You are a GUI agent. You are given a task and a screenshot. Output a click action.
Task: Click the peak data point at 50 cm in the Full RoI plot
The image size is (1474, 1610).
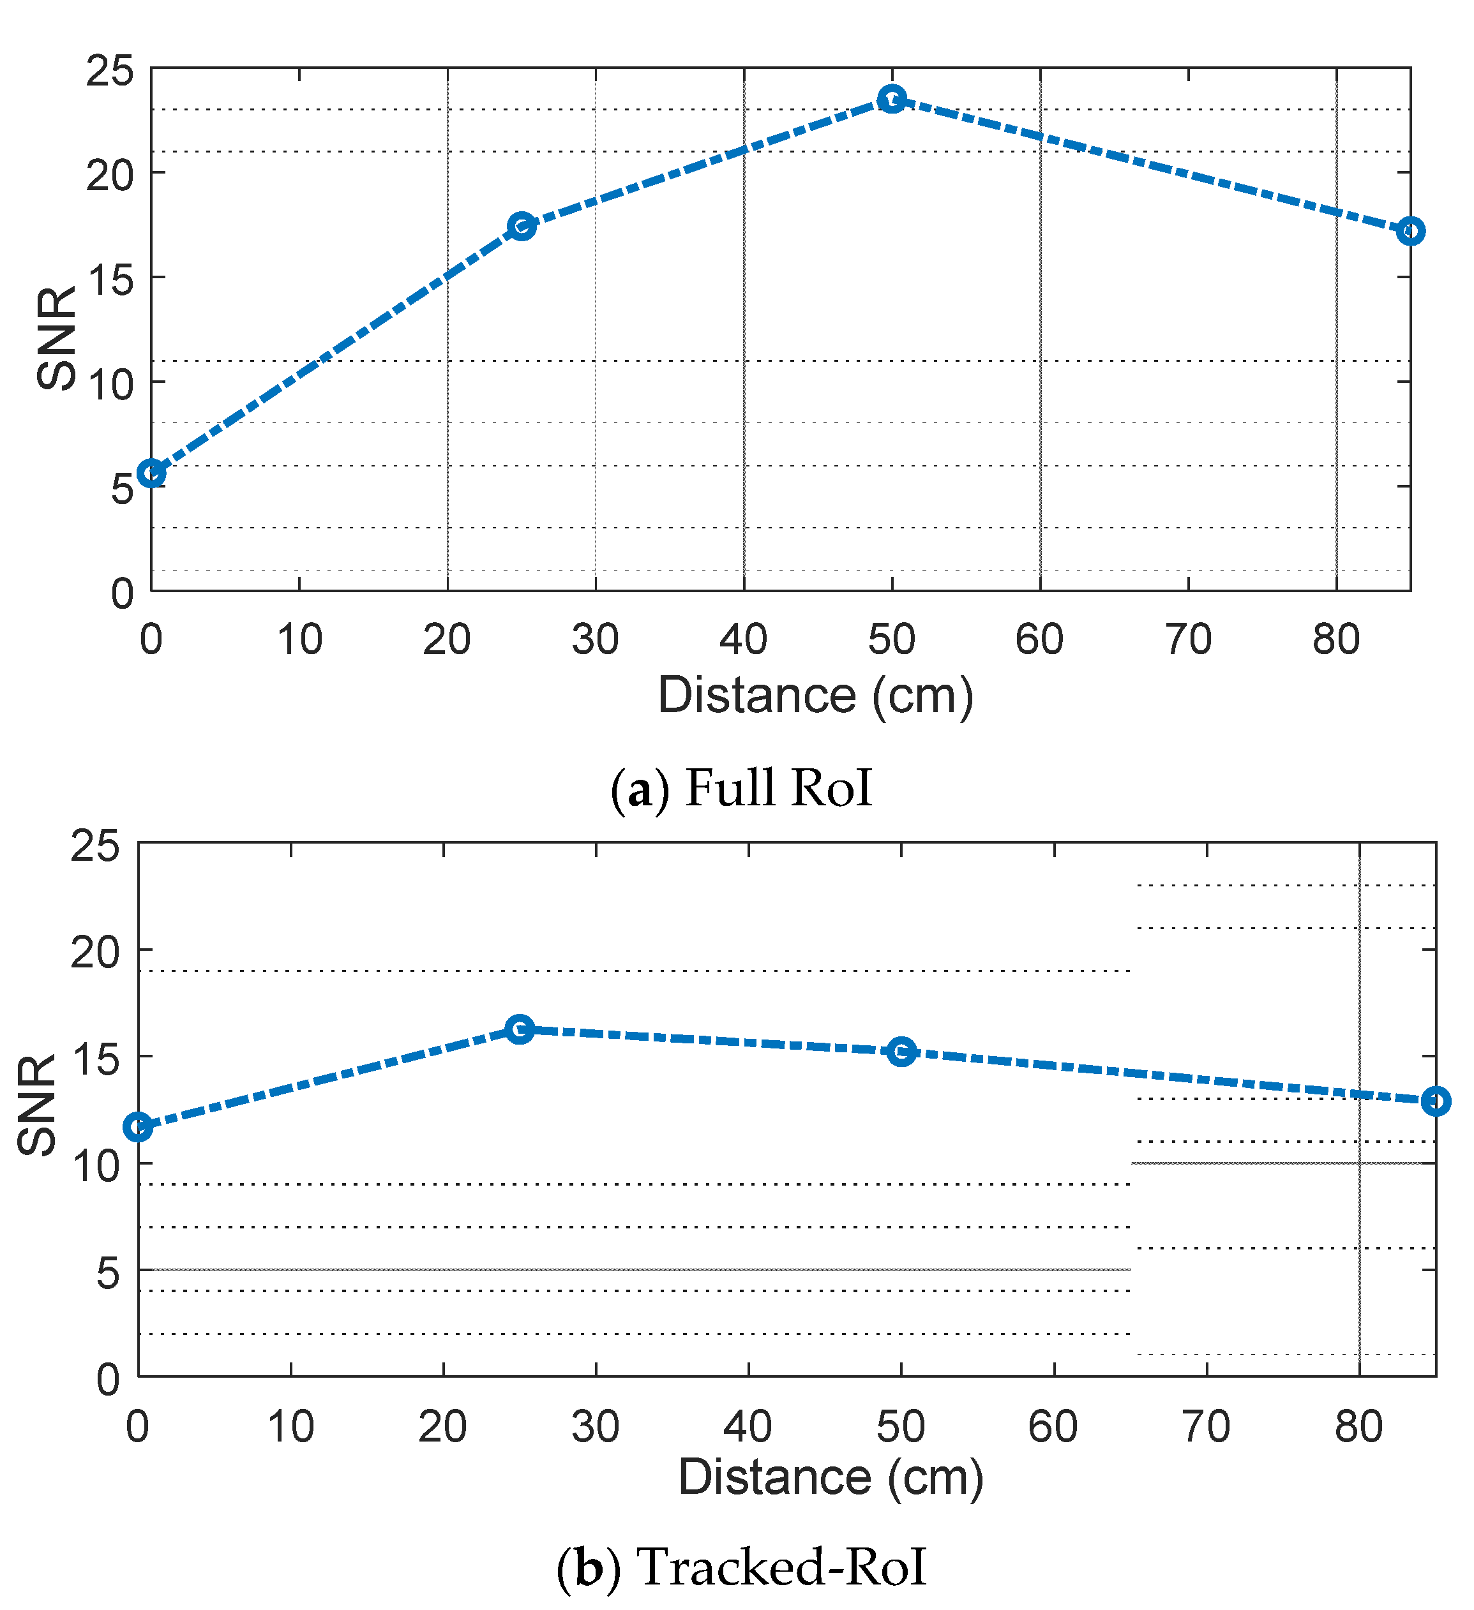click(892, 99)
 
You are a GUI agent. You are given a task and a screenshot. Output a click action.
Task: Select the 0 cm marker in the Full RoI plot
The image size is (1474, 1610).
click(151, 473)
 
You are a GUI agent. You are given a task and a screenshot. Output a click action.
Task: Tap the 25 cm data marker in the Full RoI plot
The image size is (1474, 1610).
click(522, 226)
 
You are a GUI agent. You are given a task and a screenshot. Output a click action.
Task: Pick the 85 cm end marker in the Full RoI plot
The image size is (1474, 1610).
click(1411, 231)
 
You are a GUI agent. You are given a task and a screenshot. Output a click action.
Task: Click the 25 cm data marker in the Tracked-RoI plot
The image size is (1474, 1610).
click(520, 1029)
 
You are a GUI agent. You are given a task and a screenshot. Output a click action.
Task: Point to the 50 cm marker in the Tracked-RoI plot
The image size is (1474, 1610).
click(901, 1052)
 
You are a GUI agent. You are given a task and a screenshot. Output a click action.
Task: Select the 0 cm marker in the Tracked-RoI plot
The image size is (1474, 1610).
click(139, 1127)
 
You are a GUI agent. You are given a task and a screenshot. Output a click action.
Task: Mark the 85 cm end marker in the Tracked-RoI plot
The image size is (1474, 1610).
click(1436, 1101)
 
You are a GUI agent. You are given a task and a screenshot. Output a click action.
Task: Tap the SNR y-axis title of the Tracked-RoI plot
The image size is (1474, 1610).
click(38, 1105)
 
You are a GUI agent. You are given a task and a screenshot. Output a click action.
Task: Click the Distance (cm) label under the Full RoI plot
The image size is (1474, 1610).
click(815, 696)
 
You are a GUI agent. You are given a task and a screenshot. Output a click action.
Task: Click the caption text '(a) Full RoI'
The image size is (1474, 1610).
click(741, 788)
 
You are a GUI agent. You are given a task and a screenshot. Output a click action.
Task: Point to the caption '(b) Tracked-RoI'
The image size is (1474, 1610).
click(741, 1566)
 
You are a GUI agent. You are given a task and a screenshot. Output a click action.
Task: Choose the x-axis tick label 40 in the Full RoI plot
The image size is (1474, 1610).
click(743, 639)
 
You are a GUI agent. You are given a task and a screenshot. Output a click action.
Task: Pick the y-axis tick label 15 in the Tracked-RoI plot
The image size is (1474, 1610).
click(95, 1059)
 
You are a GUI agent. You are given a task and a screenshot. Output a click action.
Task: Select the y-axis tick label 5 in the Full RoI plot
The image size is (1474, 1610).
click(122, 489)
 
